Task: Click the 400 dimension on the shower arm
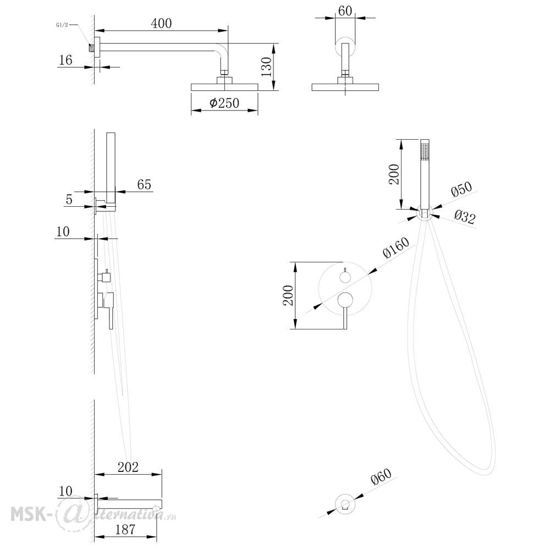point(161,23)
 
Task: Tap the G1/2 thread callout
point(62,25)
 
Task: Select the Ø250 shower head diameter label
point(224,103)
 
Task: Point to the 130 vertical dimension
point(267,67)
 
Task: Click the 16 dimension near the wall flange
point(65,60)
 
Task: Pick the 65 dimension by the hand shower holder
point(144,184)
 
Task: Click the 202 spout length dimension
point(128,467)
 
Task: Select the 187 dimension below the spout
point(125,529)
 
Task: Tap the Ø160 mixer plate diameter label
point(396,248)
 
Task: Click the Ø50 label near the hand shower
point(461,189)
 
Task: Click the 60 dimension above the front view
point(345,11)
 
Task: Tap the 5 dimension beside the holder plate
point(69,199)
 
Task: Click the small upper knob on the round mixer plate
point(345,277)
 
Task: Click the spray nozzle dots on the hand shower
point(425,152)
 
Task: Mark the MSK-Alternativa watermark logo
point(93,514)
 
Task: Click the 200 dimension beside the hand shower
point(394,174)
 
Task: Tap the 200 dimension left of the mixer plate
point(288,295)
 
